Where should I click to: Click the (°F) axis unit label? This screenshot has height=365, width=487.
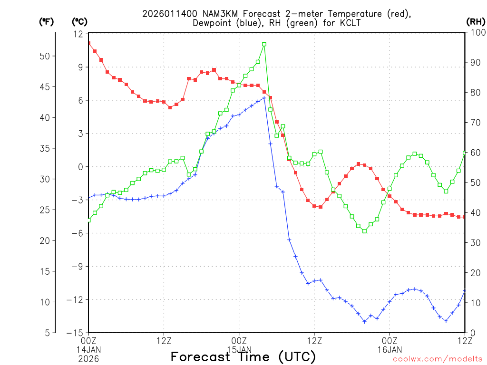[x=47, y=21]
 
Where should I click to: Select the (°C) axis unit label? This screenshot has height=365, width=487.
[x=79, y=21]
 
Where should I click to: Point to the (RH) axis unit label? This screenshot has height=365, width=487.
[x=476, y=21]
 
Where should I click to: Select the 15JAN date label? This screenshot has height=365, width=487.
[x=239, y=349]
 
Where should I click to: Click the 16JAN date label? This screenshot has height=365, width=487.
[x=390, y=349]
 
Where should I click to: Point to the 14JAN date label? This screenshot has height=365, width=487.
[x=89, y=349]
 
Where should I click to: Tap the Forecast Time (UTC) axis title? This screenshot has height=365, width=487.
[x=243, y=356]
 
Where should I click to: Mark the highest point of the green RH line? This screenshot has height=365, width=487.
[x=264, y=44]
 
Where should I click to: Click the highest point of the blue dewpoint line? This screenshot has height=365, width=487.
[x=264, y=98]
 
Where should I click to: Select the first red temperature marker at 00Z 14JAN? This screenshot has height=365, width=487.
[x=89, y=43]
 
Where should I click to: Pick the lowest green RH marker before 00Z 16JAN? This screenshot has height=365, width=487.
[x=364, y=231]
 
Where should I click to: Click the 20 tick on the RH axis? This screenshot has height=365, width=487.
[x=476, y=273]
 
